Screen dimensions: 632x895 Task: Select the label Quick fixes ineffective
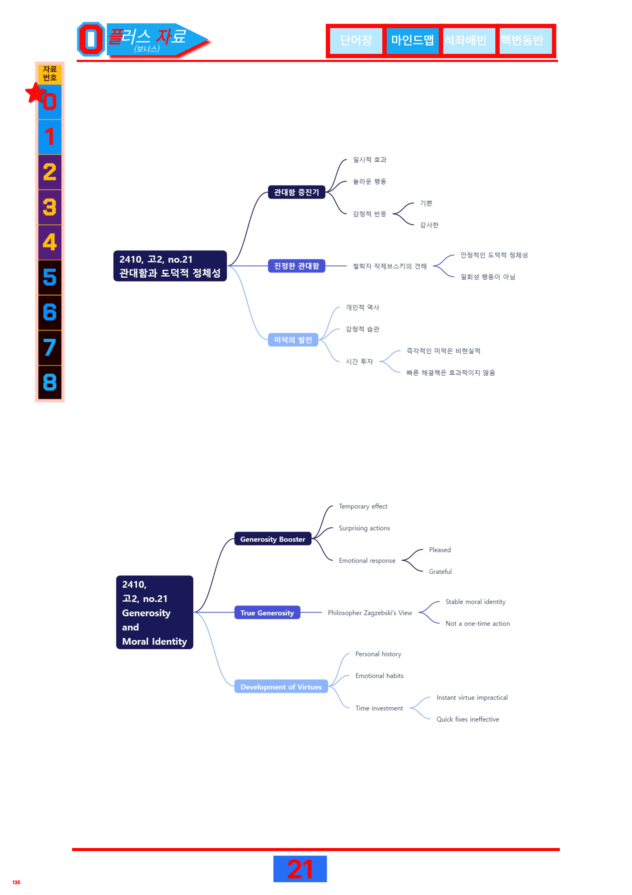[468, 719]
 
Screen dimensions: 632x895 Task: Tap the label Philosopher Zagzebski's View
[370, 613]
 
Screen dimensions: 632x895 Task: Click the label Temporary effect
[363, 506]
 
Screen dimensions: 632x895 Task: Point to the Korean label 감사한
[429, 225]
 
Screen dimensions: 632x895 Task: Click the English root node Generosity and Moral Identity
[155, 612]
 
